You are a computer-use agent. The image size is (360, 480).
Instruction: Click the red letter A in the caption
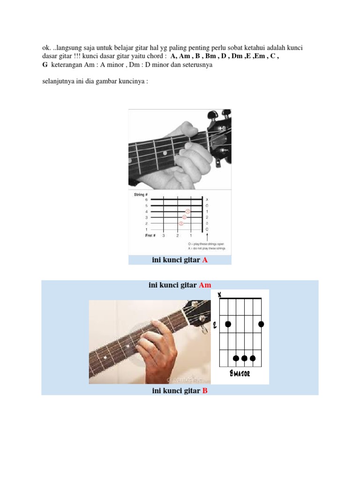click(x=205, y=260)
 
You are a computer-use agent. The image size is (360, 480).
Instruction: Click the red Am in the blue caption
click(x=205, y=285)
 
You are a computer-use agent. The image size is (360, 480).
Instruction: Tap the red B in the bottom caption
click(x=205, y=390)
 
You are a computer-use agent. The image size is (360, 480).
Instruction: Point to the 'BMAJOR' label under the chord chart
click(x=239, y=374)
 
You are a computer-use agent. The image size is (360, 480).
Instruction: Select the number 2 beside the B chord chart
click(x=215, y=324)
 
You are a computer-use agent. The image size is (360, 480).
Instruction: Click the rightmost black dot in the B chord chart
click(x=261, y=324)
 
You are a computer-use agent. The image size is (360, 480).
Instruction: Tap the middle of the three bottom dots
click(x=244, y=359)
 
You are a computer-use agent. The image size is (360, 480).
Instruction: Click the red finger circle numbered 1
click(x=188, y=211)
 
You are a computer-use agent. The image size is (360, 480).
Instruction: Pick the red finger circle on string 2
click(x=181, y=223)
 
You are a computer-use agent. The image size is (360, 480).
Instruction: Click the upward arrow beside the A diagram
click(x=207, y=235)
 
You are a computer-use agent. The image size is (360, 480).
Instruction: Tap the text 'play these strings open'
click(x=208, y=244)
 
